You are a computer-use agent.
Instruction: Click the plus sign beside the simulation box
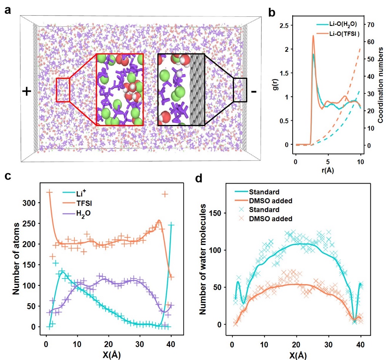(x=26, y=91)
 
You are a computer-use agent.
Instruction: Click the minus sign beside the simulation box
(x=254, y=92)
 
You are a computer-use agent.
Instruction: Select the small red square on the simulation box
(x=63, y=90)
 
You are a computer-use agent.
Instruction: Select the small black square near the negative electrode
(x=240, y=90)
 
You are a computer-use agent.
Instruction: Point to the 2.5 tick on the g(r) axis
(x=283, y=25)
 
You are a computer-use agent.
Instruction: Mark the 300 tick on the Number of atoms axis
(x=32, y=202)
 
